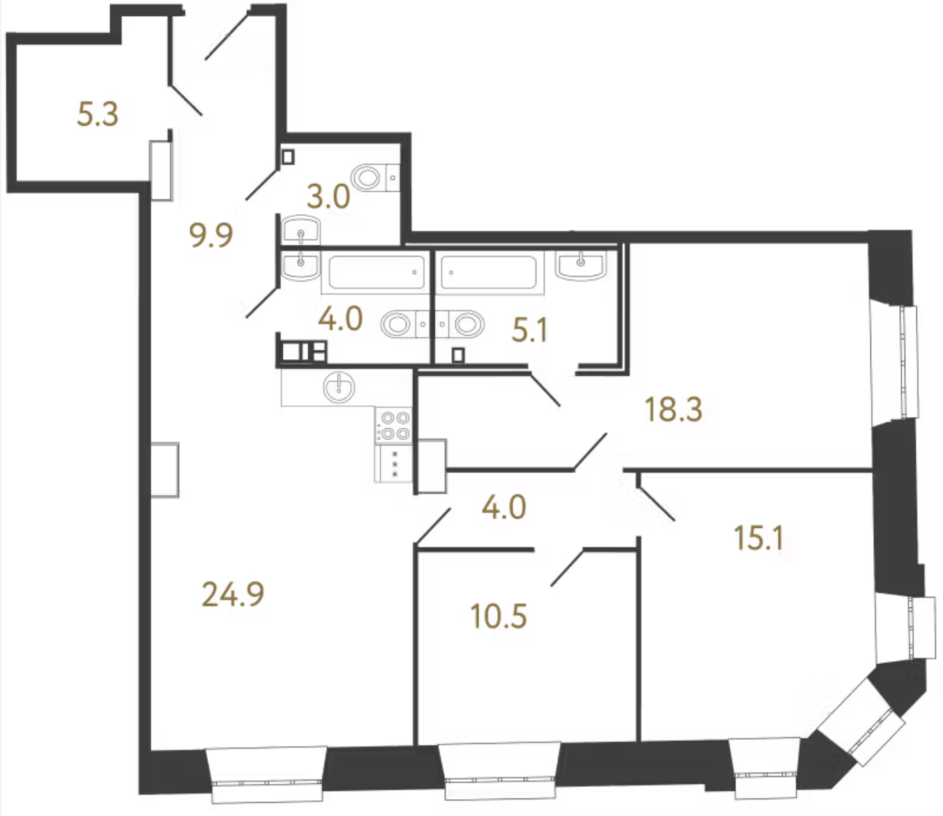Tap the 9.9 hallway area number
(x=211, y=235)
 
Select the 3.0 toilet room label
(x=329, y=197)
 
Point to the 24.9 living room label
(x=233, y=594)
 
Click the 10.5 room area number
(x=499, y=617)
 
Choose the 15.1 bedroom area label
(x=759, y=538)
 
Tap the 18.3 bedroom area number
(x=674, y=409)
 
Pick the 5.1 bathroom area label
(x=529, y=330)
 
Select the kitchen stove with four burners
(x=393, y=425)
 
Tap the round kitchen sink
(x=339, y=387)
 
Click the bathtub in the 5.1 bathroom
(x=489, y=272)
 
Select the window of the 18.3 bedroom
(x=893, y=362)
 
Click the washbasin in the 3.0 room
(x=301, y=230)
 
